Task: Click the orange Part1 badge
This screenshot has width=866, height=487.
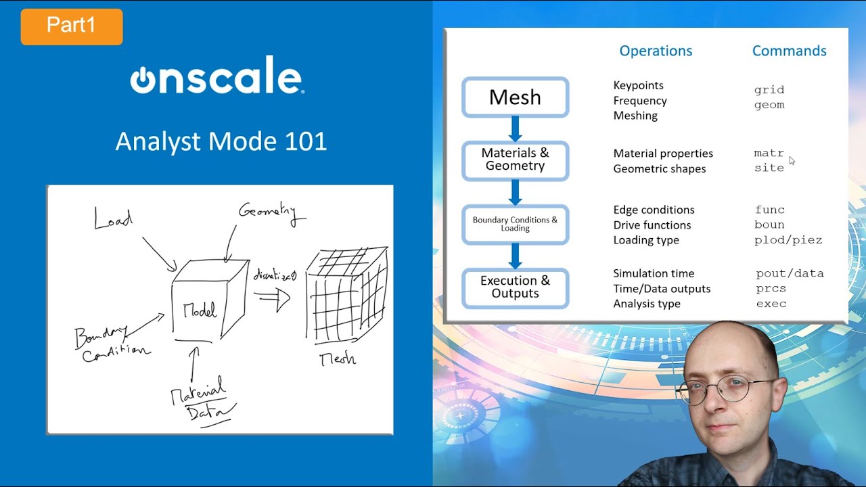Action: tap(72, 26)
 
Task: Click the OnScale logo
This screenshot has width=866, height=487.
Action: tap(216, 79)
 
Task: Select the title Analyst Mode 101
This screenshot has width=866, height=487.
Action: tap(221, 141)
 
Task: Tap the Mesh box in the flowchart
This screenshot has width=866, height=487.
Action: tap(515, 97)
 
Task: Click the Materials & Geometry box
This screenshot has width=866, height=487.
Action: tap(515, 160)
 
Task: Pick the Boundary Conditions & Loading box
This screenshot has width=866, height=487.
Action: tap(515, 224)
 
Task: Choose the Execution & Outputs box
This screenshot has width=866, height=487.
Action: tap(515, 287)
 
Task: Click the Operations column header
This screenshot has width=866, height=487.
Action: tap(656, 51)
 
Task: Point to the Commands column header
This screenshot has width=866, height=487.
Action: tap(789, 51)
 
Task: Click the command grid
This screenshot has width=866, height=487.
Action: tap(769, 90)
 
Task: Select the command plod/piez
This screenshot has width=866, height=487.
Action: tap(788, 240)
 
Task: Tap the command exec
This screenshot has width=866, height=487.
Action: tap(771, 304)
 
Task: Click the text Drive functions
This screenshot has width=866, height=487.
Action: tap(652, 225)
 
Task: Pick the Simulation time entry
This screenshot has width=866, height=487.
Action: tap(653, 274)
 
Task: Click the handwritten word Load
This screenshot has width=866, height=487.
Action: tap(113, 218)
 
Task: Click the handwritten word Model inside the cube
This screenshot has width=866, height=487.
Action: tap(200, 311)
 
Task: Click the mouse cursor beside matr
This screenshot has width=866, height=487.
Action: tap(792, 161)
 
